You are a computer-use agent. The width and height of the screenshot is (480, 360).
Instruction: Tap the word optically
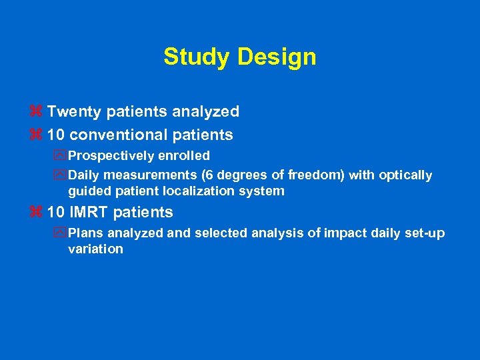point(406,175)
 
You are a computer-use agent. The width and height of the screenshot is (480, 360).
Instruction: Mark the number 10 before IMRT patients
point(56,213)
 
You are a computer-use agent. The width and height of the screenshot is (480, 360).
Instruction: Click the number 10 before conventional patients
point(56,135)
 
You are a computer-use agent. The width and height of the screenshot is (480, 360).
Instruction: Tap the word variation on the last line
point(95,249)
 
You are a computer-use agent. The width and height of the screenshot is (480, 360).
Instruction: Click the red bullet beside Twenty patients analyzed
point(37,111)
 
